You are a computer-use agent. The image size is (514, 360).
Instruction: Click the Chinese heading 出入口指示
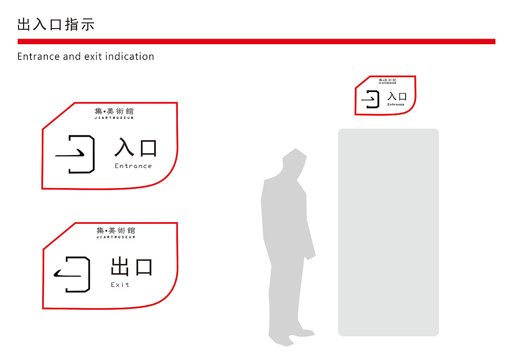[56, 25]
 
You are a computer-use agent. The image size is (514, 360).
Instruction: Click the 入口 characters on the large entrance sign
[135, 148]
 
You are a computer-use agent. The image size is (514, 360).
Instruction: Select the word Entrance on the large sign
[133, 166]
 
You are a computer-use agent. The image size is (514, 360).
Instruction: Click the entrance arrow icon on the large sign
[75, 154]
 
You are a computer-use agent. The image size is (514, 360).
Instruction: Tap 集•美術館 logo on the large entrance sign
[114, 111]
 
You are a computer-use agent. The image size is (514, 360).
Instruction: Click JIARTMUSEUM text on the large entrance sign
[114, 118]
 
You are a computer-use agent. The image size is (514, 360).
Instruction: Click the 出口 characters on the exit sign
[132, 267]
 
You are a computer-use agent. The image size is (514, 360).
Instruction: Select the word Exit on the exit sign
[120, 285]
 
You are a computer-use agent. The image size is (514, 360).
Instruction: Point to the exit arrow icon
[72, 274]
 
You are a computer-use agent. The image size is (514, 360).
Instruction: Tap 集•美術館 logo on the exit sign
[116, 231]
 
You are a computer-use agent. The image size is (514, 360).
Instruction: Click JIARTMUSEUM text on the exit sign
[116, 237]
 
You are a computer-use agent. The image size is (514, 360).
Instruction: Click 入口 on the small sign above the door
[397, 96]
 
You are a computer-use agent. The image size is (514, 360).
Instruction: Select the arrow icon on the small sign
[371, 99]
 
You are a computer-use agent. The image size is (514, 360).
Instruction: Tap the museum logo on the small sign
[387, 80]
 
